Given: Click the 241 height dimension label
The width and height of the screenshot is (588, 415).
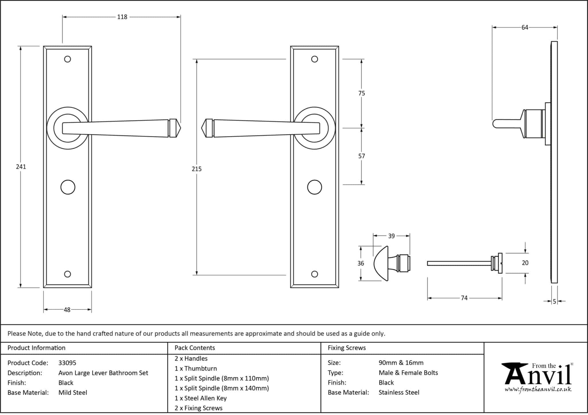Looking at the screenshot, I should [21, 167].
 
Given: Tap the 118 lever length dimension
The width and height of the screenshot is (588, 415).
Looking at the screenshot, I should [122, 17].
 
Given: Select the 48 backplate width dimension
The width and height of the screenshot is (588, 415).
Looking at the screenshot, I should [67, 310].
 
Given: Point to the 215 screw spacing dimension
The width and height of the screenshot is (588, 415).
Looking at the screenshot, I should [197, 169].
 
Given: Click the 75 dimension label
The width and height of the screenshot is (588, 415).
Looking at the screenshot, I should [361, 93].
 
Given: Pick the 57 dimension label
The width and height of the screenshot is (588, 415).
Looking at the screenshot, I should [361, 156].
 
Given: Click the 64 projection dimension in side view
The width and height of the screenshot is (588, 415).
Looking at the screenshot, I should [525, 28].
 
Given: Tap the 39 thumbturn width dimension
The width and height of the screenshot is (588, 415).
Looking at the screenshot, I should [391, 236].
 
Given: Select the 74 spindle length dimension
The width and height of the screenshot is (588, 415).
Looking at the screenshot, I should [464, 298].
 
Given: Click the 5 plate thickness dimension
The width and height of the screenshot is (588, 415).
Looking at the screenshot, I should [554, 301].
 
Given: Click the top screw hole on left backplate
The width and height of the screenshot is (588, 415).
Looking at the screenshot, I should [67, 59].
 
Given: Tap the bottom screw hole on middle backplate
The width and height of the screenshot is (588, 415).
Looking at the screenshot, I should [314, 274].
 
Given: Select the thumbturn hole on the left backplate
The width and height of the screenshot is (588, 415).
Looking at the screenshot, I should [68, 187].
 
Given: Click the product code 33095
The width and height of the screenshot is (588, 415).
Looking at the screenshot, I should [67, 363].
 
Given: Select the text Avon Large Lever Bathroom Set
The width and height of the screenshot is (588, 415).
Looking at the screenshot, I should [103, 373].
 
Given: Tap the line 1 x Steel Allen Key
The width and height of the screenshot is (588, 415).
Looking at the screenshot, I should [200, 398].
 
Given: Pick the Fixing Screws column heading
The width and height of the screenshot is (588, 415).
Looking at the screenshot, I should [347, 348].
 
